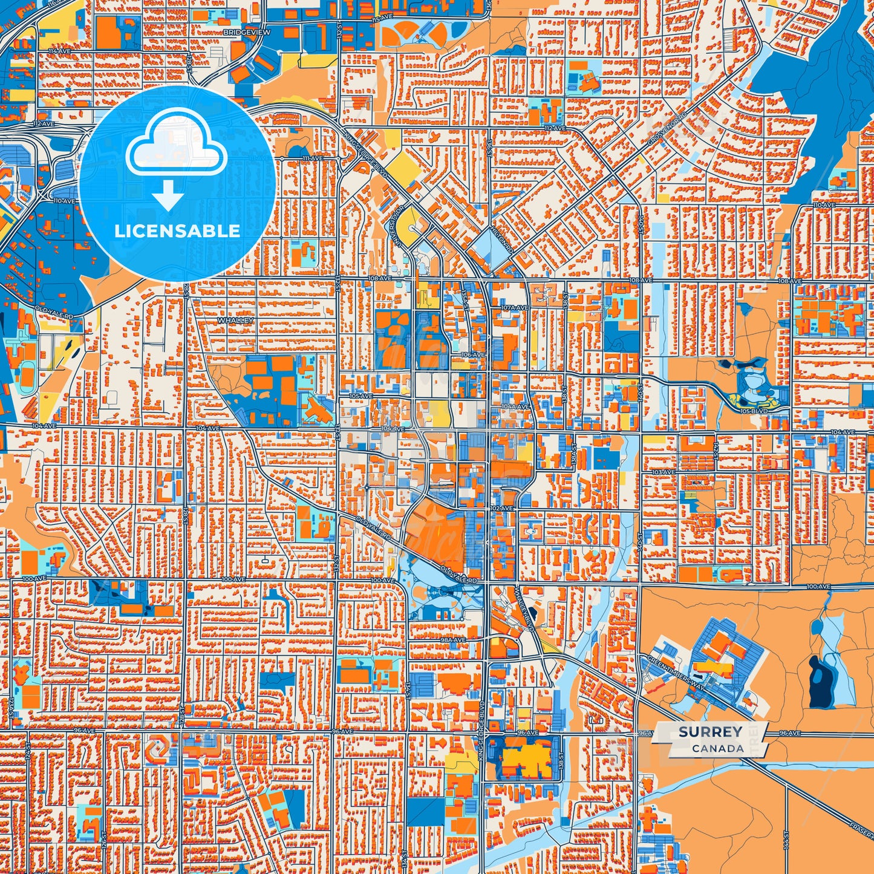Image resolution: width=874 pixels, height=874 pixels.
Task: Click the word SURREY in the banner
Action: [710, 732]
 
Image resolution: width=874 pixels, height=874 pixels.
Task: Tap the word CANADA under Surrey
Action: [718, 748]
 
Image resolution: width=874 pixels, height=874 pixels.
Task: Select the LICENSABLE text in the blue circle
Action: [177, 230]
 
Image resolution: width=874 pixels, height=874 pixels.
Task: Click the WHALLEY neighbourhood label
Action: [235, 320]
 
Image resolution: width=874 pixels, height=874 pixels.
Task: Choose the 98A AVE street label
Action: [453, 639]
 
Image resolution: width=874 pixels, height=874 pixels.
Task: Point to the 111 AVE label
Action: [313, 158]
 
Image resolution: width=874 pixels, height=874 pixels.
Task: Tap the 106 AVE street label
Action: [473, 354]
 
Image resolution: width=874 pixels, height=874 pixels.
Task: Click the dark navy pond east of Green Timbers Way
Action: [821, 680]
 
